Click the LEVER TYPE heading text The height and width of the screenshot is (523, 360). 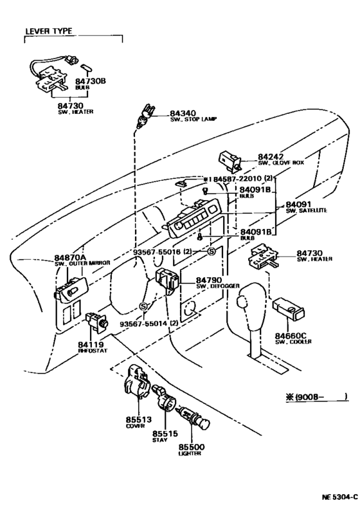click(48, 31)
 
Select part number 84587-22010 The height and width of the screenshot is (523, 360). click(237, 179)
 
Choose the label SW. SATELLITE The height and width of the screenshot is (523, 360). click(306, 210)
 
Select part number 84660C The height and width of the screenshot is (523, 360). click(293, 335)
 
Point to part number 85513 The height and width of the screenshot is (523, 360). click(138, 419)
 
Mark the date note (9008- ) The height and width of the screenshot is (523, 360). click(316, 396)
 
